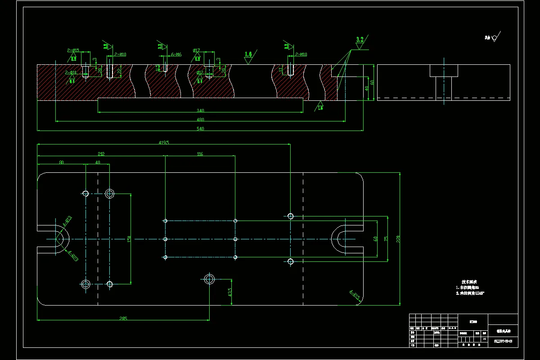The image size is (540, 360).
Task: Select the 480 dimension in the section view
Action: click(x=200, y=120)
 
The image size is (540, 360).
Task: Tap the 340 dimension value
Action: click(x=200, y=110)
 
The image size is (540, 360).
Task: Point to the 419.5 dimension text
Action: click(x=163, y=143)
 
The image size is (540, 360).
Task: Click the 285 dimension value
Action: click(x=123, y=319)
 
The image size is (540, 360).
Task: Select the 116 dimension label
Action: click(x=200, y=154)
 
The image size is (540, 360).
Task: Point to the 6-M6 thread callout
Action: click(x=176, y=54)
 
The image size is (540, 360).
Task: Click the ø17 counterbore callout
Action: click(x=196, y=50)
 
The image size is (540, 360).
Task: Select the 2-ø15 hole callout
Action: click(x=73, y=50)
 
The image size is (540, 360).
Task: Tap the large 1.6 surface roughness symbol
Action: click(x=248, y=55)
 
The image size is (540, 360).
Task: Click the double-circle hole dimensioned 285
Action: click(x=209, y=279)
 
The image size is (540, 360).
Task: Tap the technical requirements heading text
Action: click(x=469, y=282)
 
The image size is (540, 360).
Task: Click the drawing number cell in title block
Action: click(x=503, y=342)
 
